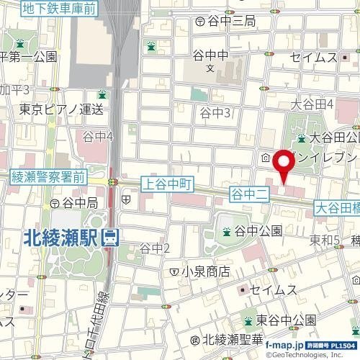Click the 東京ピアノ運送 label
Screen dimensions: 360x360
[x=61, y=109]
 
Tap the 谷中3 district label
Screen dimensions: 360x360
[x=215, y=112]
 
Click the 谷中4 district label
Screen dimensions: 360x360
[x=98, y=136]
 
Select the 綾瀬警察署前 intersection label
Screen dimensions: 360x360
[x=48, y=176]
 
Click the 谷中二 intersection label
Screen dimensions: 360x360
[x=248, y=193]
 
